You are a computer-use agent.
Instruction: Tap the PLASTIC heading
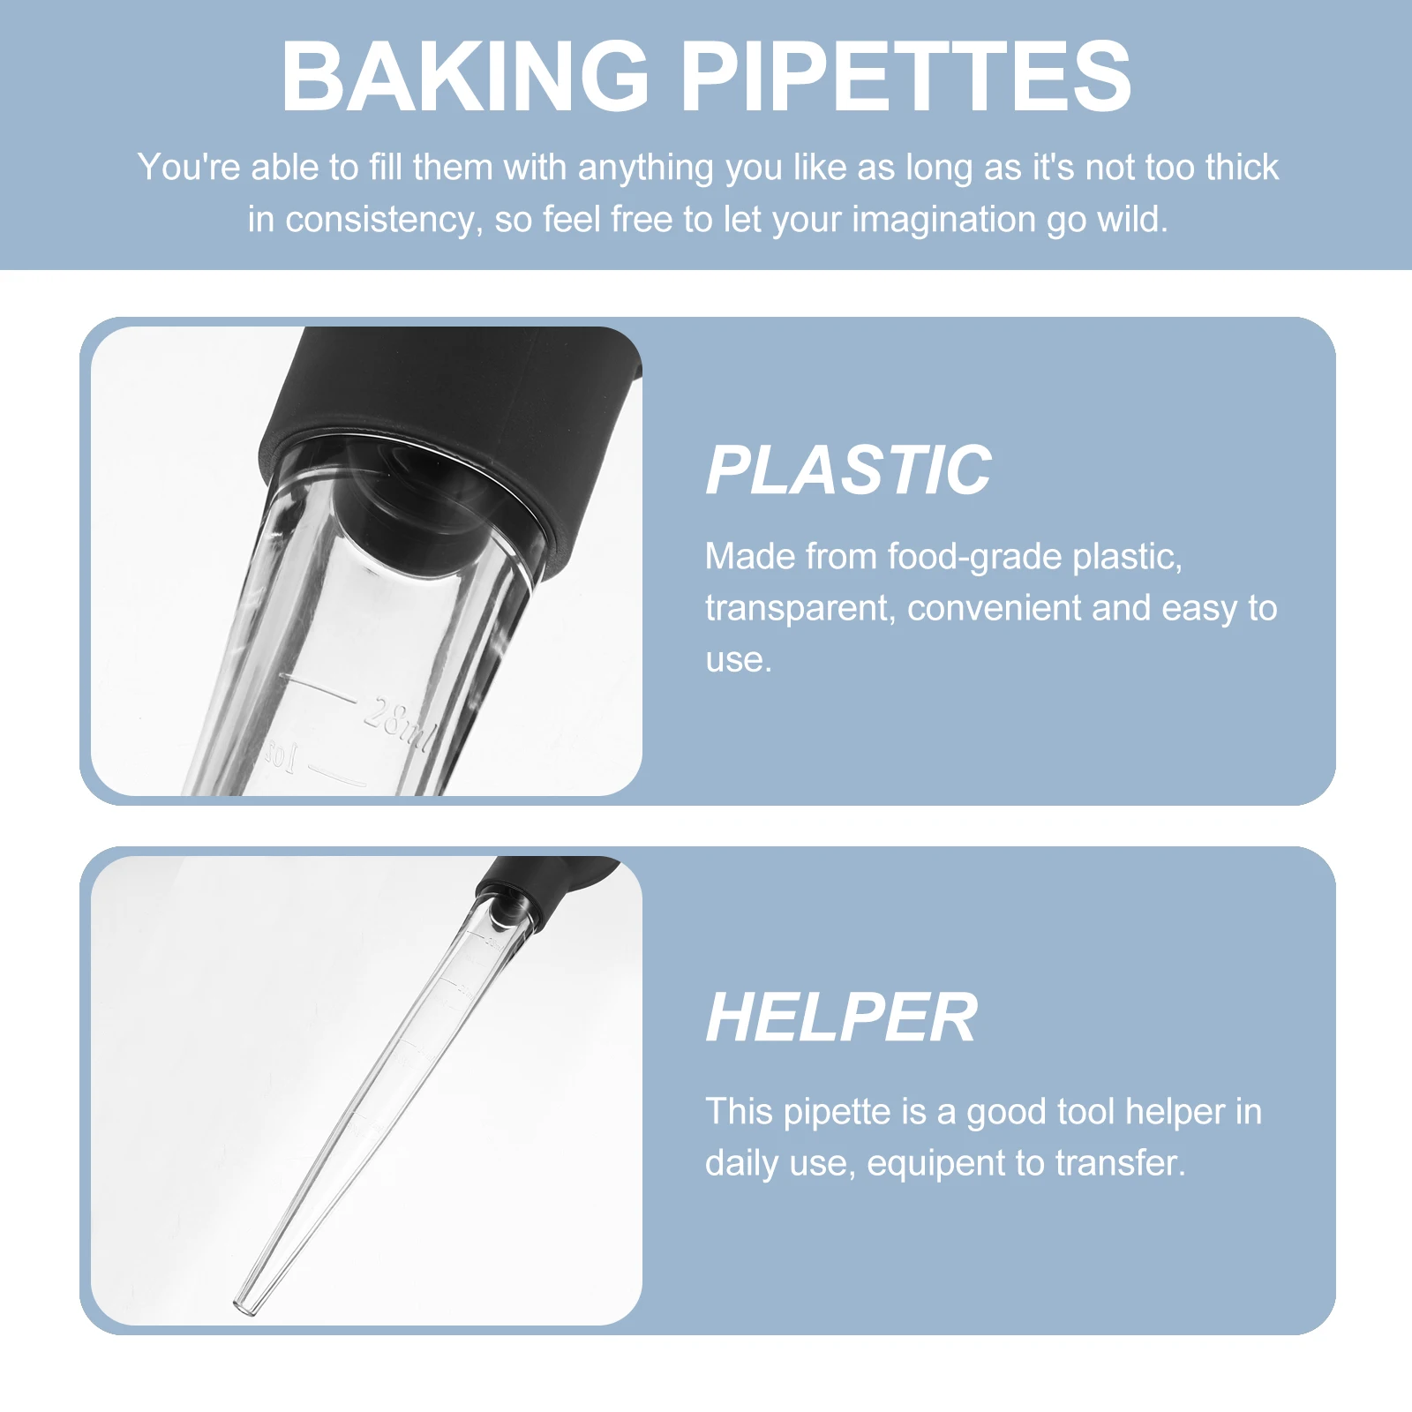848,470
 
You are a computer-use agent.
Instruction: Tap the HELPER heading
841,1018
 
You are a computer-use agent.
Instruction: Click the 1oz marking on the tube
282,757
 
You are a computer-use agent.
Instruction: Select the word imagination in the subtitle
943,219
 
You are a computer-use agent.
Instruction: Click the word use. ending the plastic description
738,660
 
